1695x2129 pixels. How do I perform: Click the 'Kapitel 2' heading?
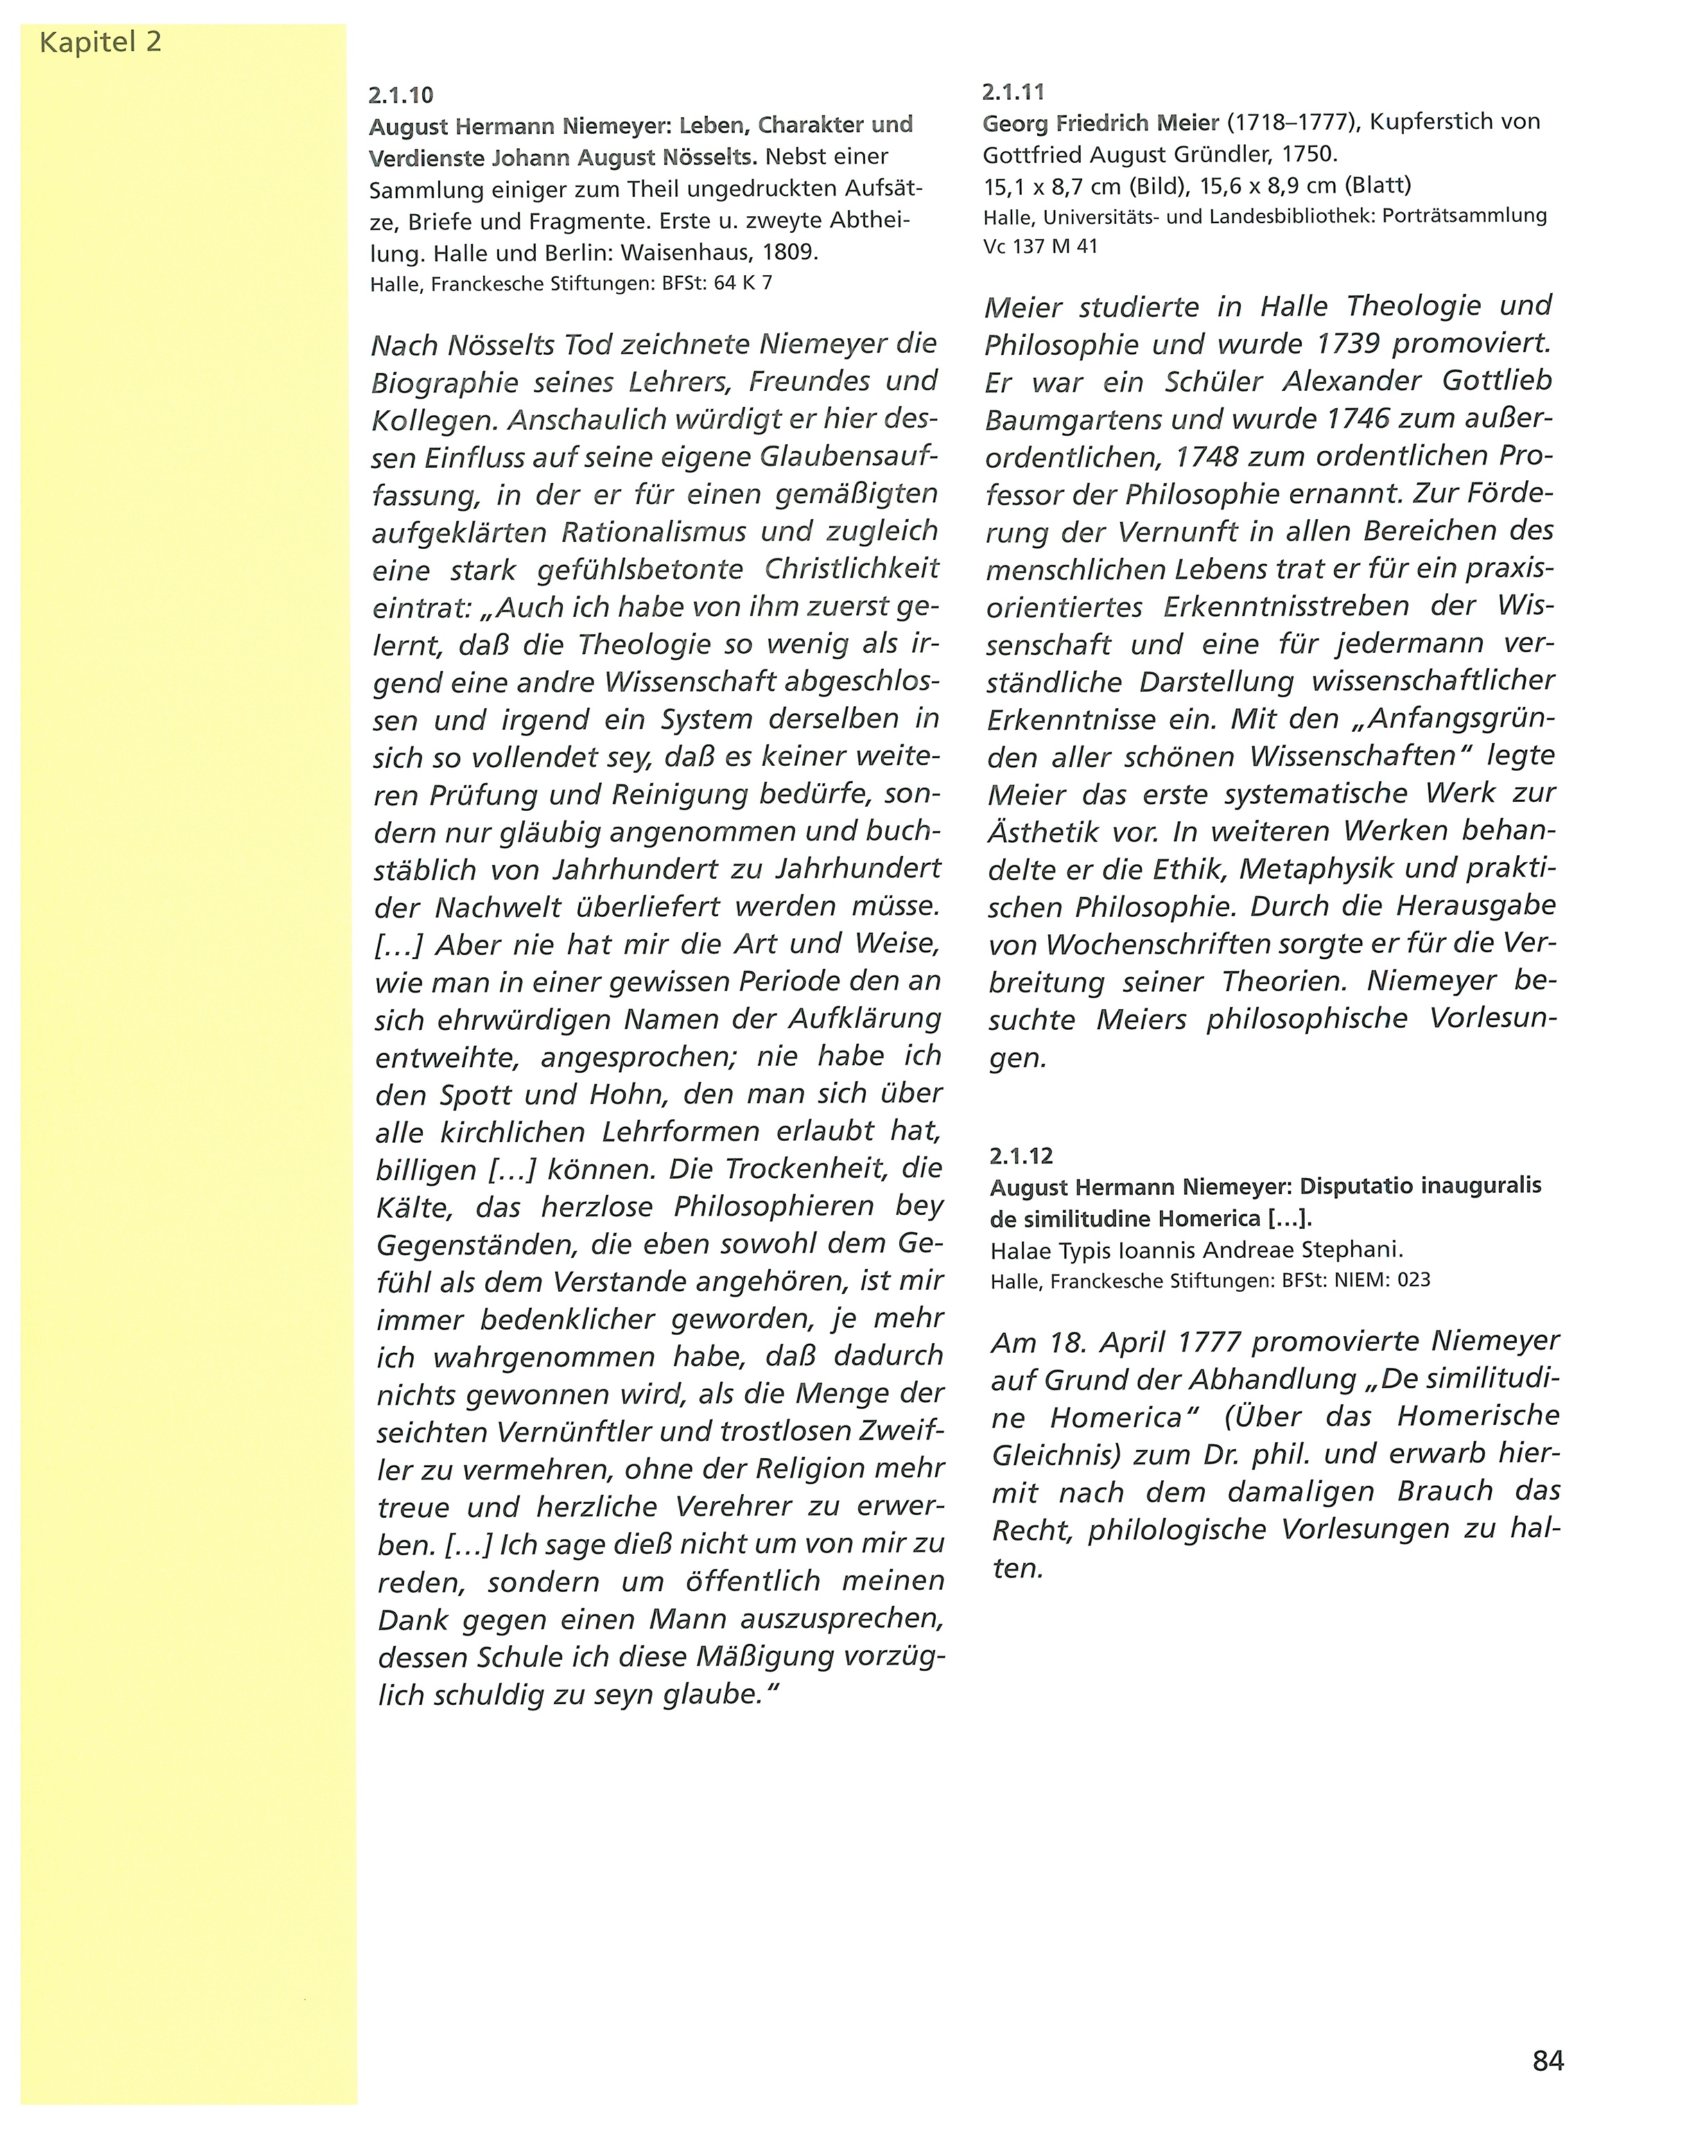point(100,42)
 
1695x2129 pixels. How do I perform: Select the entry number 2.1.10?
point(401,96)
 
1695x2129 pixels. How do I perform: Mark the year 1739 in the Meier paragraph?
point(1348,344)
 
